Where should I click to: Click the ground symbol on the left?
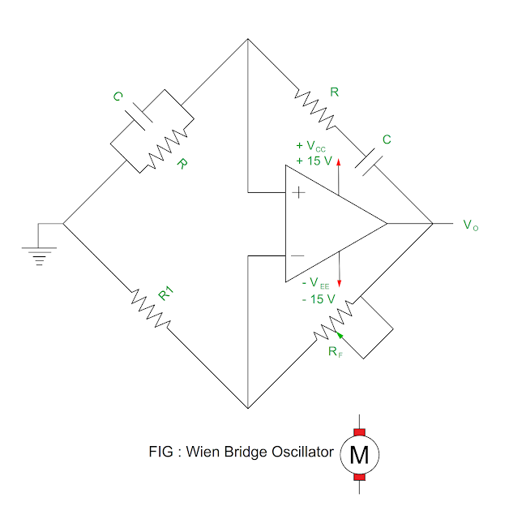tap(36, 255)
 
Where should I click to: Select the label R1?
tap(165, 294)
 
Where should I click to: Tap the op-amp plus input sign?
tap(297, 193)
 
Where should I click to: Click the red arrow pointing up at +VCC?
tap(339, 161)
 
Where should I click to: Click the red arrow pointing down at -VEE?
tap(339, 281)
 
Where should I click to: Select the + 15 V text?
tap(314, 161)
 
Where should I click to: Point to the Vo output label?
tap(471, 225)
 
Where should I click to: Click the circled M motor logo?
tap(358, 456)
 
